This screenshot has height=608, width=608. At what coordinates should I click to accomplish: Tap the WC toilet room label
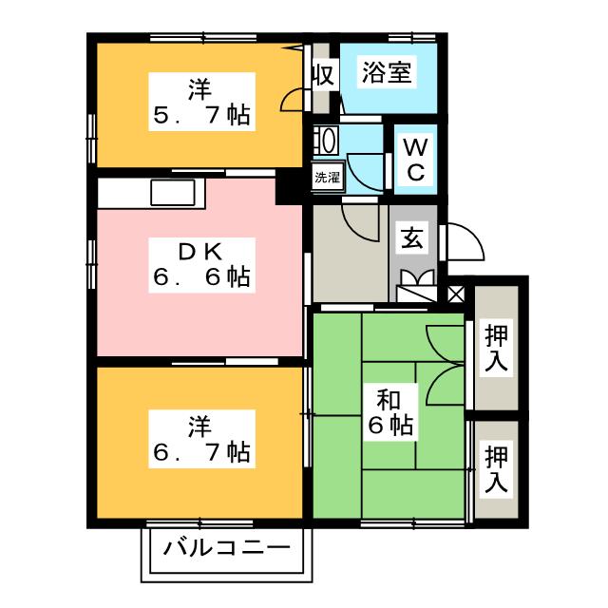(416, 159)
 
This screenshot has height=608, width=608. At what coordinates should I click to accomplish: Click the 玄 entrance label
(412, 238)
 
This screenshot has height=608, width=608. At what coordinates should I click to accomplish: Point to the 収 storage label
(324, 74)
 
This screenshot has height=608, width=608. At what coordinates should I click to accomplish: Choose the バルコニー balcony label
(226, 548)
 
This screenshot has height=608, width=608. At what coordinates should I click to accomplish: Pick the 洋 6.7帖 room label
(201, 438)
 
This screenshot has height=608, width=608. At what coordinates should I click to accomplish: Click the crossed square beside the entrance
(455, 294)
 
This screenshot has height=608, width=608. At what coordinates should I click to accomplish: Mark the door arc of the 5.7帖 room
(296, 98)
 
